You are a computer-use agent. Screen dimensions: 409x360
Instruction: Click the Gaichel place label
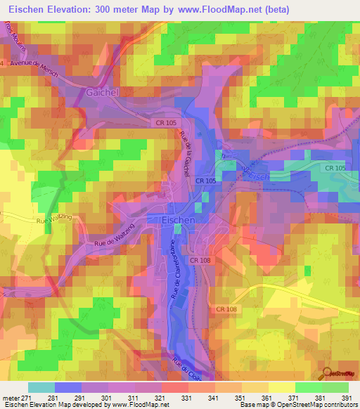103,92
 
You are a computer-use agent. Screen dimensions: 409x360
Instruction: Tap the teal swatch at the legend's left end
41,387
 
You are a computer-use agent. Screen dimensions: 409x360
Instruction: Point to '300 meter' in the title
130,9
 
